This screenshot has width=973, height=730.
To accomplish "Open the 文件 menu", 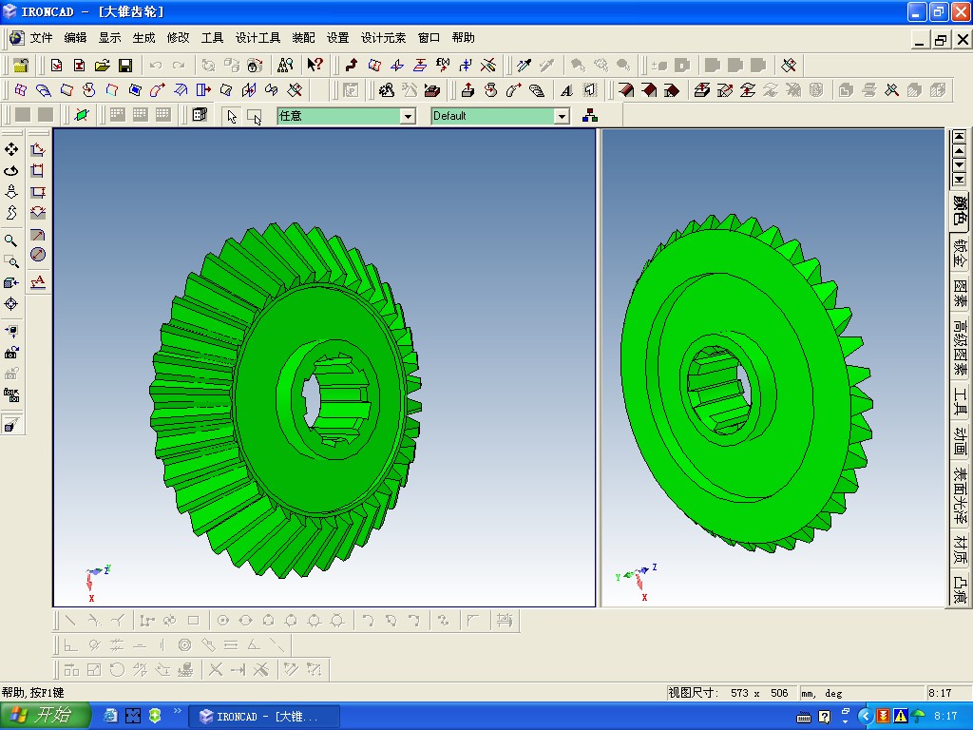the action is tap(41, 38).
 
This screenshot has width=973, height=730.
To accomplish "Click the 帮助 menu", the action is tap(463, 38).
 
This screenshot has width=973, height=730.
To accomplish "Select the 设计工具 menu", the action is tap(258, 38).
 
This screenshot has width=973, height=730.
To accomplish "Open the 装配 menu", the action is tap(303, 38).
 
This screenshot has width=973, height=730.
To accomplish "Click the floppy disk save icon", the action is tap(125, 66).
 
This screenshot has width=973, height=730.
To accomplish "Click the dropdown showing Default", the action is tap(500, 116).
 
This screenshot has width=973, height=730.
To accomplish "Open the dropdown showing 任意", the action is tap(346, 116).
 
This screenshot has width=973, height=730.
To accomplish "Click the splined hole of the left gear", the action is tap(335, 398).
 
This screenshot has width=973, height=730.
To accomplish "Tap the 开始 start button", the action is tap(45, 716).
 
